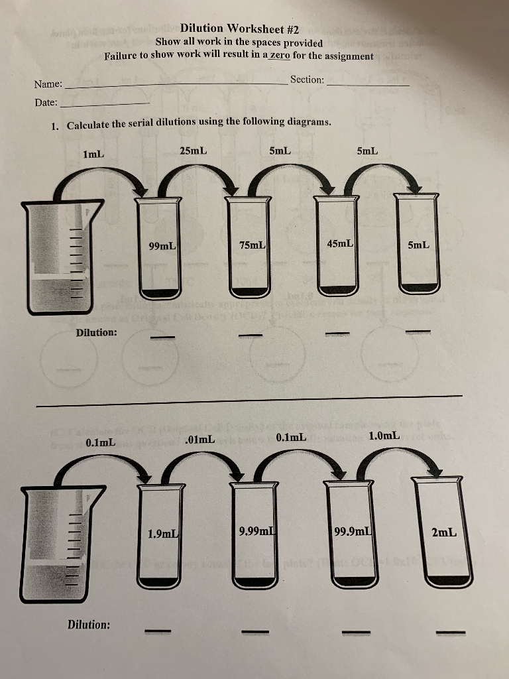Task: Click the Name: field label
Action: click(48, 84)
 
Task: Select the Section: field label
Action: click(307, 80)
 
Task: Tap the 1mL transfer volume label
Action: click(93, 154)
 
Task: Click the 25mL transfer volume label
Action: click(193, 151)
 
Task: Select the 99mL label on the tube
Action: click(162, 246)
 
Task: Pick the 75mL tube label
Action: click(252, 245)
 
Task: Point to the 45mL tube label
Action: click(340, 243)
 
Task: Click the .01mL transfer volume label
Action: click(200, 439)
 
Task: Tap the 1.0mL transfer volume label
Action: click(384, 436)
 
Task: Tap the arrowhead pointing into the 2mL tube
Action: click(435, 470)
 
